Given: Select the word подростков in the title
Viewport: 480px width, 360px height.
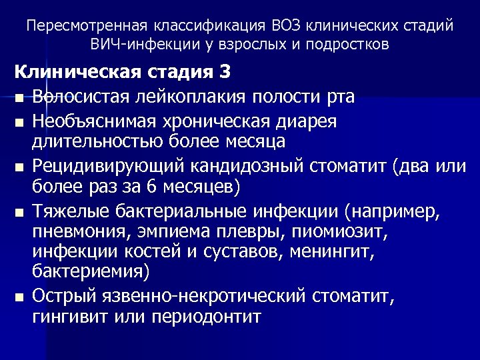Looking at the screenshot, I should (350, 45).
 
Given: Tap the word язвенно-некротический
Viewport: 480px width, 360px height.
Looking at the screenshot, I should (194, 296).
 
